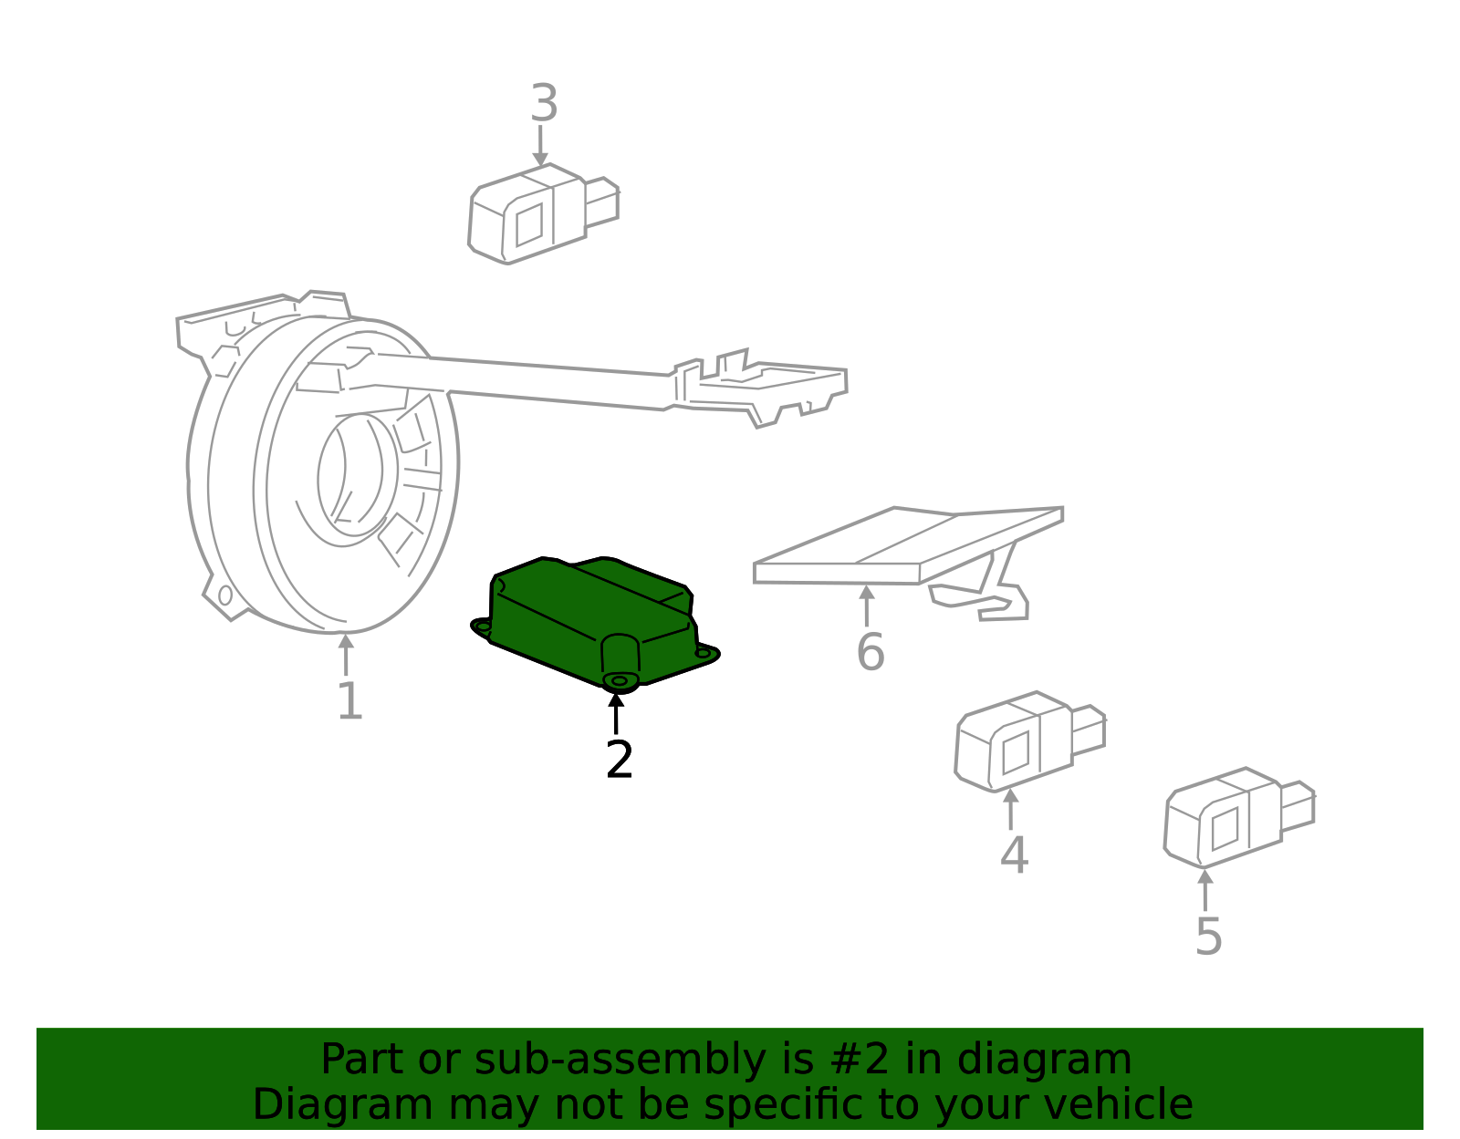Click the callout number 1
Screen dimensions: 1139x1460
[349, 701]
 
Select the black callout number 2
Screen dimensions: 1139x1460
[619, 760]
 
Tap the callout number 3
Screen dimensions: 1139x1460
[544, 104]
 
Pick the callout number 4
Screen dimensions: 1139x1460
[1014, 855]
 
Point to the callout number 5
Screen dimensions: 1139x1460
[1208, 937]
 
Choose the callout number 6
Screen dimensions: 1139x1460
[870, 652]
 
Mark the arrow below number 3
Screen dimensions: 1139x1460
[540, 146]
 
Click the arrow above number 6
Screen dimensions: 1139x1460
[866, 606]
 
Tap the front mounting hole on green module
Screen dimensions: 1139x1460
[620, 680]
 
